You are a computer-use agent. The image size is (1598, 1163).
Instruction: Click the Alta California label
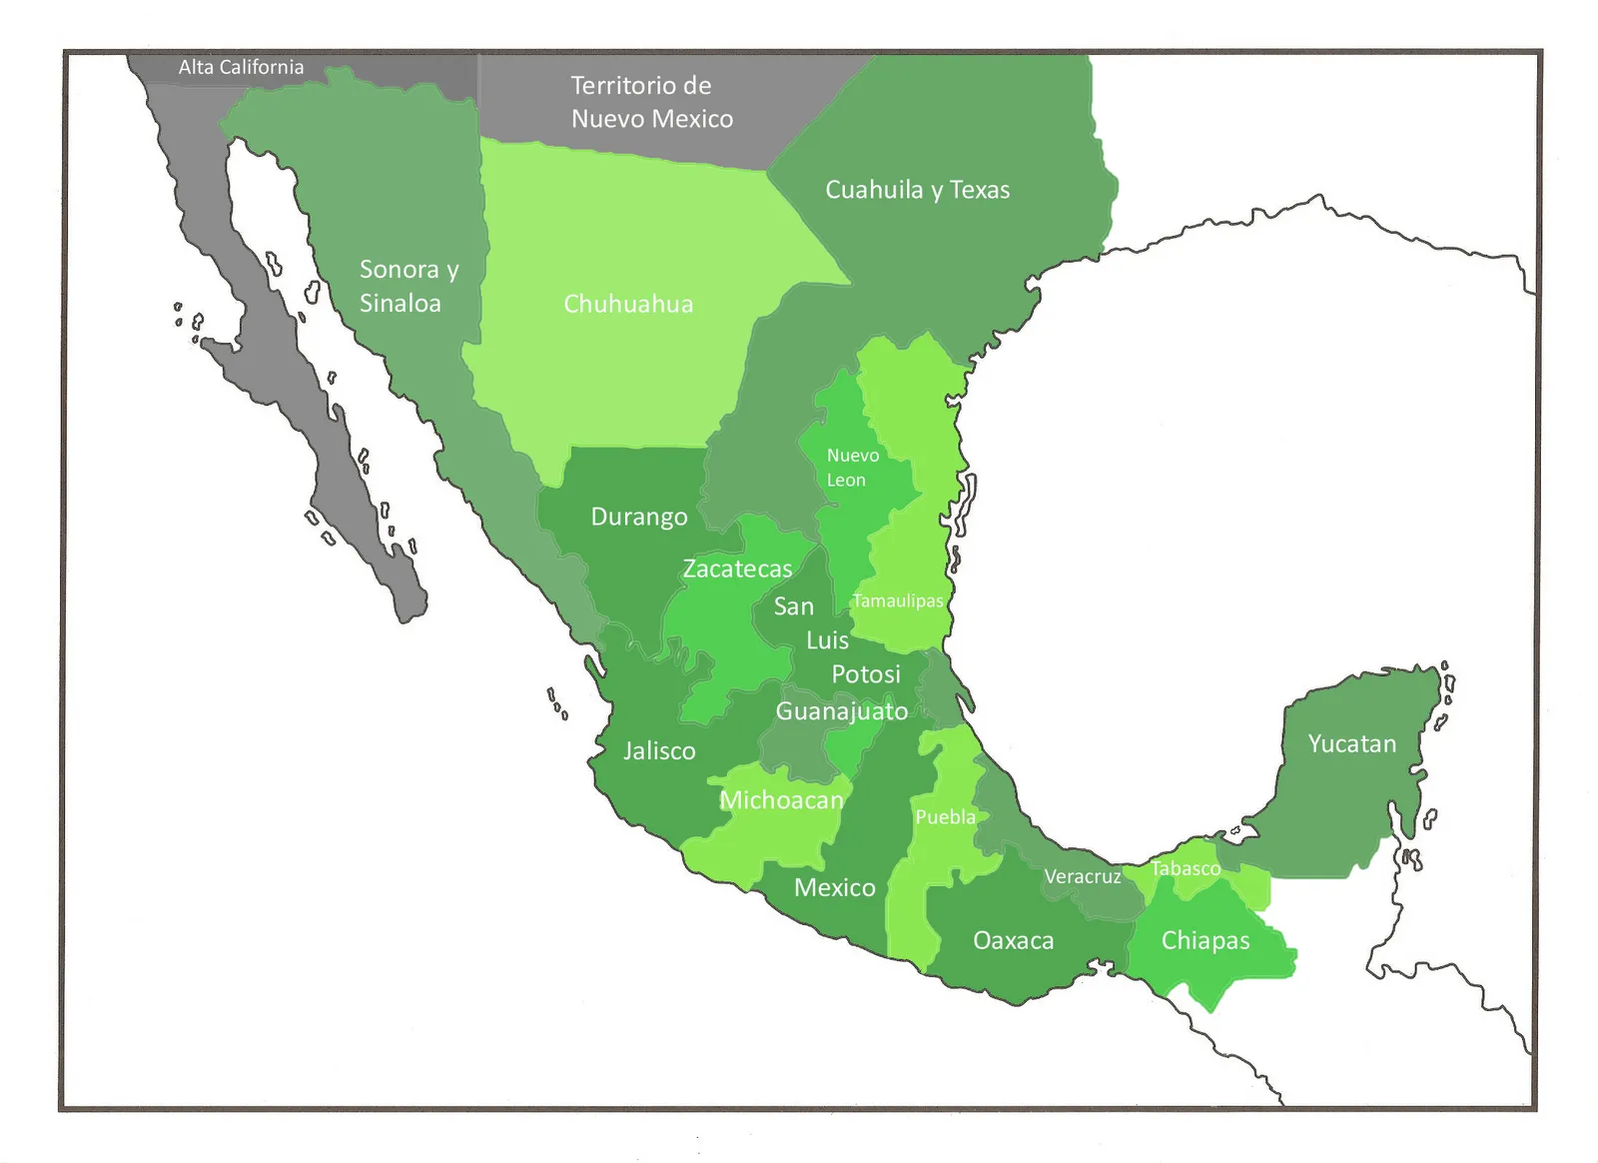point(241,67)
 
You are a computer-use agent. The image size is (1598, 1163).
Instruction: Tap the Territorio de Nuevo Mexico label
point(651,102)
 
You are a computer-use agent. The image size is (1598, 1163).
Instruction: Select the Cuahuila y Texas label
point(917,190)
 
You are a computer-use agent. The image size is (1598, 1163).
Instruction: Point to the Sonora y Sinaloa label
point(408,286)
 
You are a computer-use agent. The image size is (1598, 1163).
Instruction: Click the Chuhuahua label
point(628,304)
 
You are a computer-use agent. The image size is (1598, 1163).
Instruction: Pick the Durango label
point(639,517)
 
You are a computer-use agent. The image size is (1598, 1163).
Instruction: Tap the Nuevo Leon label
point(852,468)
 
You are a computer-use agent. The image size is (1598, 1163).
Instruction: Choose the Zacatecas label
point(737,569)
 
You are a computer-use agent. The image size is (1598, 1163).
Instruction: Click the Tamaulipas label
point(897,600)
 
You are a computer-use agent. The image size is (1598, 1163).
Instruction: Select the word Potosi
point(866,674)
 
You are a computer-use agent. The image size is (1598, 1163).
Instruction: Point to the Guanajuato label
point(842,711)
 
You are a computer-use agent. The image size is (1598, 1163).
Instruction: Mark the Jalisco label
point(659,750)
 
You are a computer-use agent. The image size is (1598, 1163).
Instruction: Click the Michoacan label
point(782,800)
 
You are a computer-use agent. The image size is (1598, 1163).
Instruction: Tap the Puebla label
point(945,817)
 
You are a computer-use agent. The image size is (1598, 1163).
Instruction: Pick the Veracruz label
point(1083,877)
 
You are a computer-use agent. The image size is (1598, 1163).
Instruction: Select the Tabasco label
point(1186,868)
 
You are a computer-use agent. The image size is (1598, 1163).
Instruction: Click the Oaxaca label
point(1013,940)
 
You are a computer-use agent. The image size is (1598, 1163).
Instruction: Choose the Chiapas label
point(1205,940)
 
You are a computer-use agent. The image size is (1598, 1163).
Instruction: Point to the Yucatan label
point(1352,743)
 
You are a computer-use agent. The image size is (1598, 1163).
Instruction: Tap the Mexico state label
point(834,887)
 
